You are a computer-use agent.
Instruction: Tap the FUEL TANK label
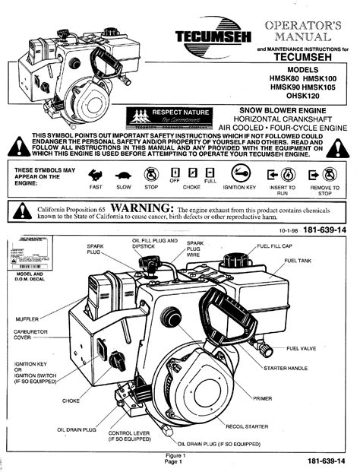pyautogui.click(x=298, y=260)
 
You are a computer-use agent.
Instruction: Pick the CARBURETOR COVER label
pyautogui.click(x=29, y=335)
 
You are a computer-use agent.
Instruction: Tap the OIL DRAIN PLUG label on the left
pyautogui.click(x=77, y=430)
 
